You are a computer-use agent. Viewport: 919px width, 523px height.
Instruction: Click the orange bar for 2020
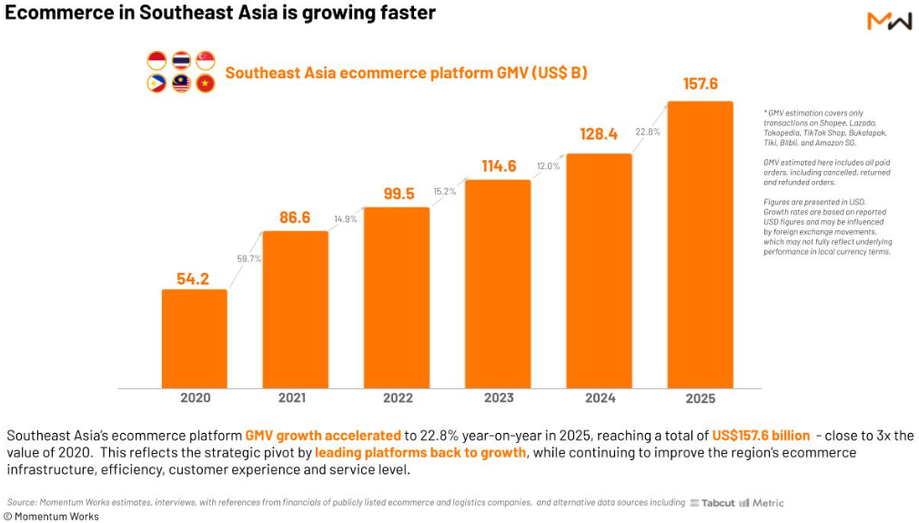(195, 338)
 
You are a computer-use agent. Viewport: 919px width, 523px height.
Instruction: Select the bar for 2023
(498, 284)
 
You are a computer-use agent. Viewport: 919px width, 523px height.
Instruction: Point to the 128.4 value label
(599, 135)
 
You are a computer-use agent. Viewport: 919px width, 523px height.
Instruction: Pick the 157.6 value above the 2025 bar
(701, 84)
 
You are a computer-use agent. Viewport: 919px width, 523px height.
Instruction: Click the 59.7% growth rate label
(249, 258)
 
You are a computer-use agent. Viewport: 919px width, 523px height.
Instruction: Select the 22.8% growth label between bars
(648, 132)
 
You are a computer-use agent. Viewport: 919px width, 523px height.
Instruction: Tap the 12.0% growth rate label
(548, 166)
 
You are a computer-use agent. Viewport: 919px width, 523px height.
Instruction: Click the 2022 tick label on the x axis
(397, 397)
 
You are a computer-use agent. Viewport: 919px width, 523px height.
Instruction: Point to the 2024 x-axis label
(599, 397)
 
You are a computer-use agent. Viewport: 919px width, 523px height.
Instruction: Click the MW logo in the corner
(889, 21)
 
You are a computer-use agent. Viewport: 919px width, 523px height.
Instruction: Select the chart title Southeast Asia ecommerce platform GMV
(406, 73)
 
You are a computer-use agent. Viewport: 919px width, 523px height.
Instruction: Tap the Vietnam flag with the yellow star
(206, 84)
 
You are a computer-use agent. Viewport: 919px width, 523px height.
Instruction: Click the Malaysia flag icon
(181, 84)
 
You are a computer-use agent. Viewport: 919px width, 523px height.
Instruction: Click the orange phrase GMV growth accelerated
(323, 436)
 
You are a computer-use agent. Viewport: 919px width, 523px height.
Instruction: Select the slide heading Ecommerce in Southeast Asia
(219, 14)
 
